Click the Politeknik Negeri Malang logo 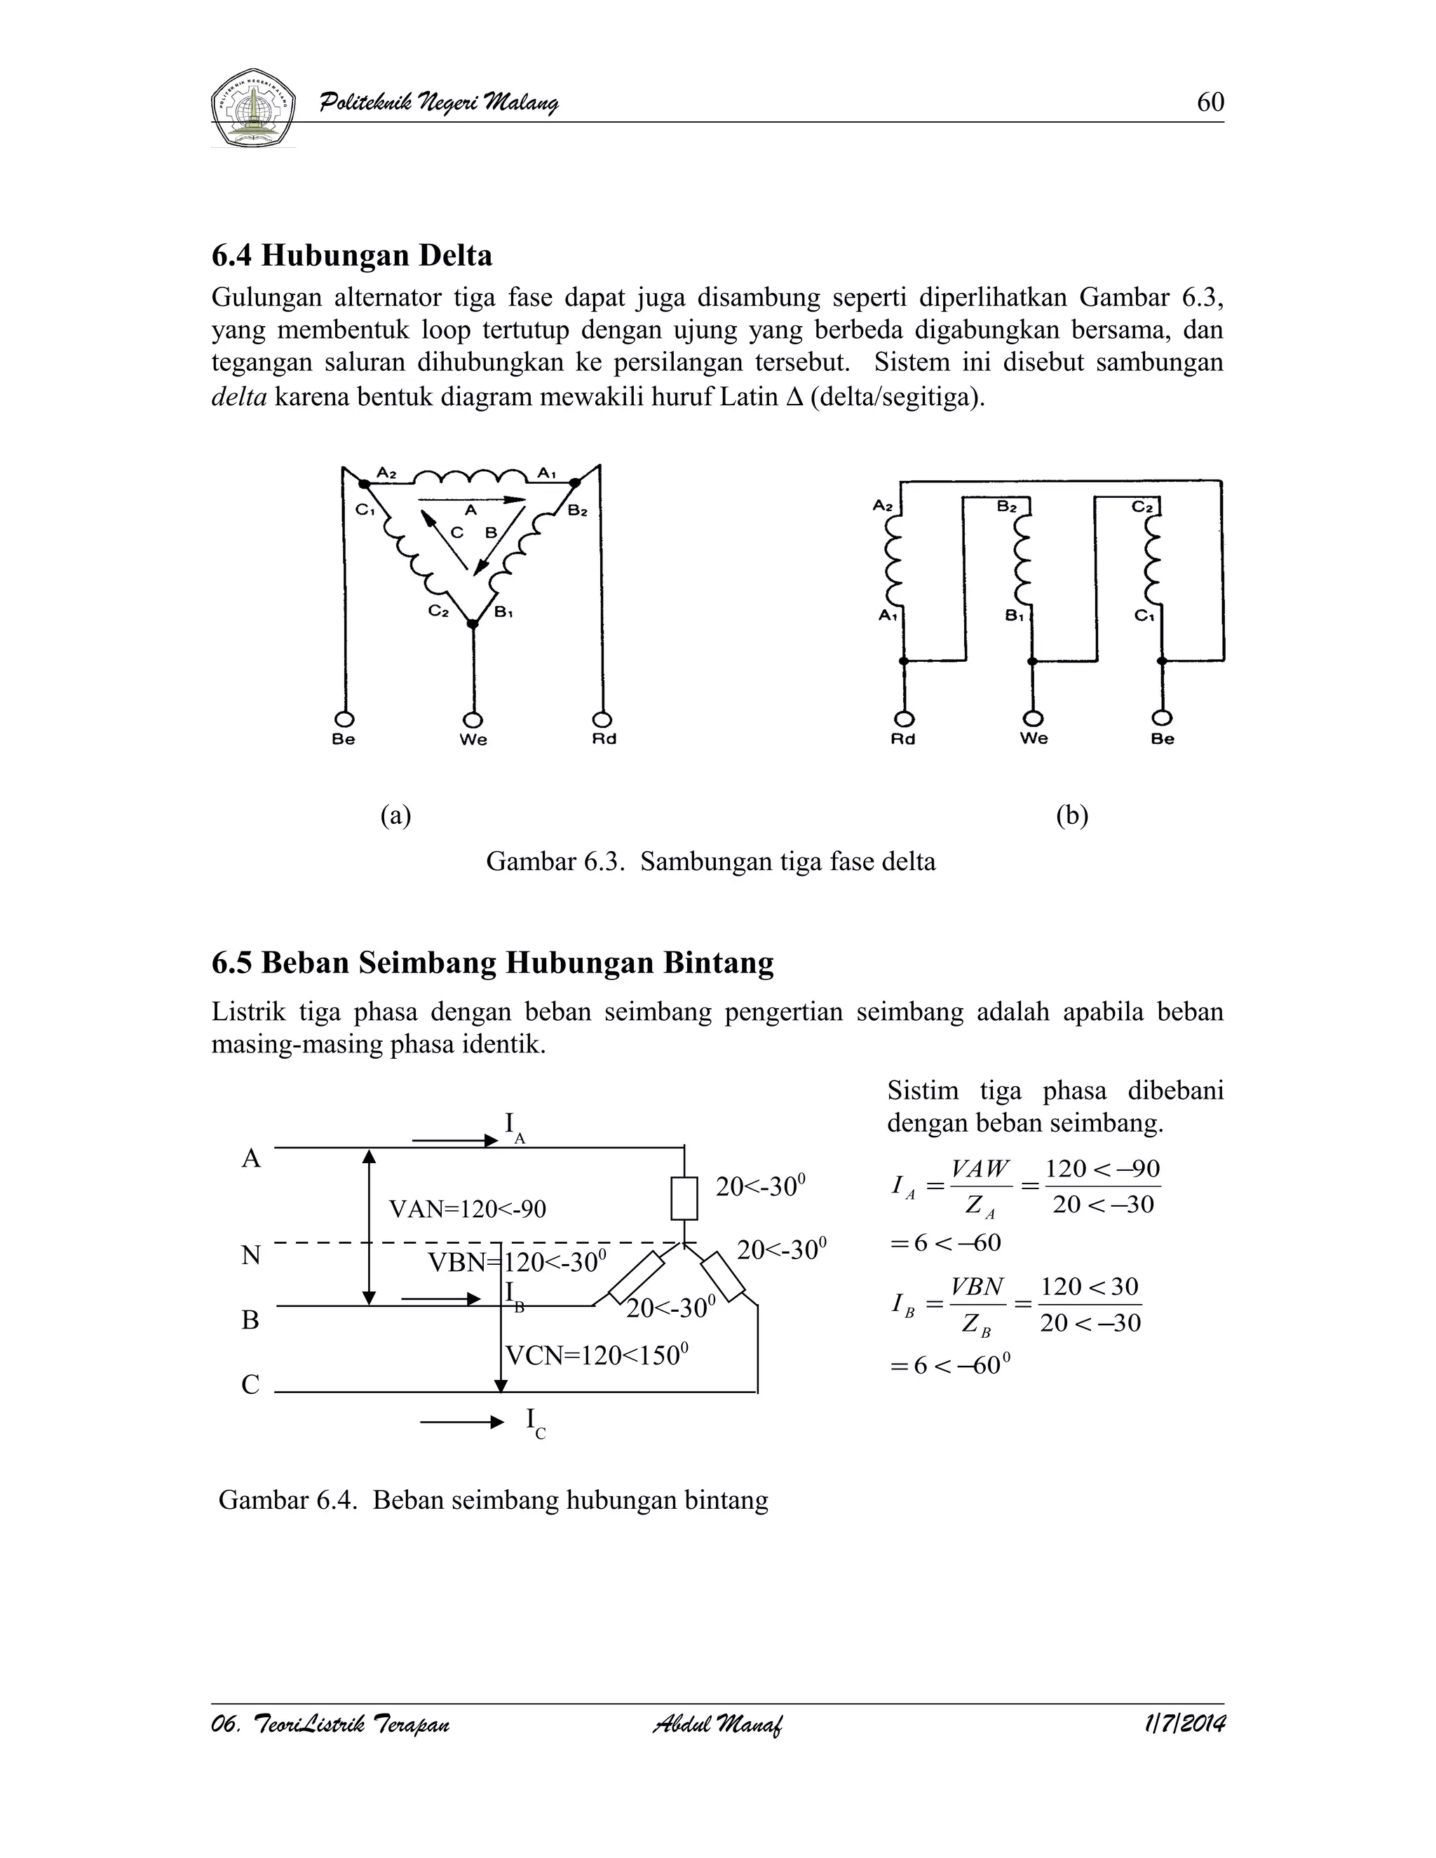point(252,107)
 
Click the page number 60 point(1210,102)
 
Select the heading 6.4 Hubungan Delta point(352,255)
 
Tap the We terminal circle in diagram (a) point(473,719)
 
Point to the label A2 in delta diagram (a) point(387,472)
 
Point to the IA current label point(514,1127)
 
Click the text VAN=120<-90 point(467,1209)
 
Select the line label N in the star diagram point(250,1255)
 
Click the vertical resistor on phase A point(685,1198)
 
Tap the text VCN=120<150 point(595,1355)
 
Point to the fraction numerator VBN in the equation point(977,1287)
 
